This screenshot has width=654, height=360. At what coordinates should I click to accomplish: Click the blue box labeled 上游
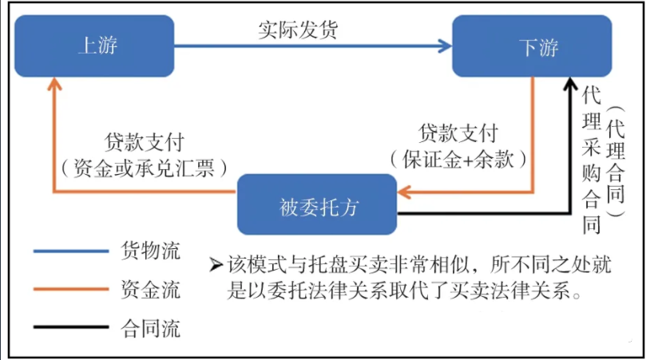[95, 46]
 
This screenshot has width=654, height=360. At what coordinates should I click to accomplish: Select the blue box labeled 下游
[533, 46]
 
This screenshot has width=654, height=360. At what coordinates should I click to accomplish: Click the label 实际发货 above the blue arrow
[297, 30]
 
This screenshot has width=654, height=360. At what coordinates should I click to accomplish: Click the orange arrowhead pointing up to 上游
[54, 84]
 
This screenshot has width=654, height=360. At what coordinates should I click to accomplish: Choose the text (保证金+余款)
[458, 158]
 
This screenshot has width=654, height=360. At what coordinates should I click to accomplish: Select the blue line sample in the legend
[70, 251]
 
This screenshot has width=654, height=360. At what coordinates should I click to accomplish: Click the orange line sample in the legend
[70, 289]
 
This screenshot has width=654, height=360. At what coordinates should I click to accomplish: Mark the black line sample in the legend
[70, 326]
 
